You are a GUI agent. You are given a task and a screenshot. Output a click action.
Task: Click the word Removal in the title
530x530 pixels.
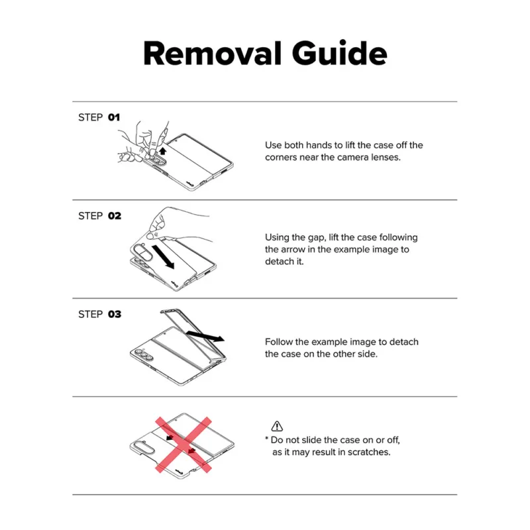click(x=213, y=53)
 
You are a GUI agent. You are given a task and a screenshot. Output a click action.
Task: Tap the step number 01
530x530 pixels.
click(x=114, y=117)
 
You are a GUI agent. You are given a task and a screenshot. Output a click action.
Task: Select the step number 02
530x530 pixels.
click(x=115, y=216)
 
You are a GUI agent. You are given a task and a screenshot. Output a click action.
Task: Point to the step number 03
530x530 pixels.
click(x=115, y=314)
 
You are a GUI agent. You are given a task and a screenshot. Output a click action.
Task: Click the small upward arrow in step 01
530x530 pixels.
click(x=163, y=151)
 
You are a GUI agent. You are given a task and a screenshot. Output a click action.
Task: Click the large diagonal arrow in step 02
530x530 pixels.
click(x=163, y=257)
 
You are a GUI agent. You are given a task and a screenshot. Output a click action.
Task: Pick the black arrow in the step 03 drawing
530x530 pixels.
click(x=205, y=336)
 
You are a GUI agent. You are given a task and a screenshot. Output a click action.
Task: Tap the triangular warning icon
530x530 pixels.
click(x=277, y=426)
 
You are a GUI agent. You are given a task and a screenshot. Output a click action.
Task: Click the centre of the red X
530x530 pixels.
click(x=184, y=445)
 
